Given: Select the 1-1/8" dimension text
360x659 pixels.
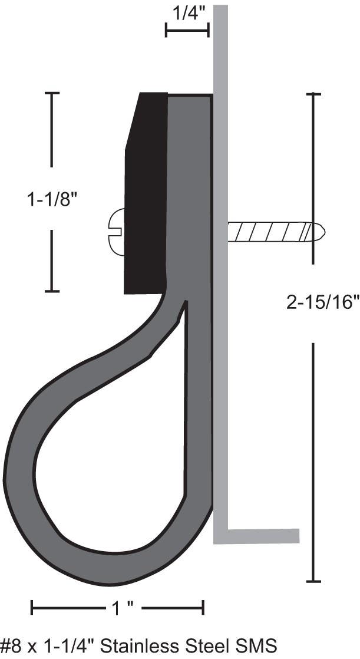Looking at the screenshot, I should coord(52,200).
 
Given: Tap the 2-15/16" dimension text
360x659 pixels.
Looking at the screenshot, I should coord(322,302).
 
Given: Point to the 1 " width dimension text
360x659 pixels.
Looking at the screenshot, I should coord(117,607).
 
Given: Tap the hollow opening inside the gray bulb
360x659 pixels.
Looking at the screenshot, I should coord(118,448).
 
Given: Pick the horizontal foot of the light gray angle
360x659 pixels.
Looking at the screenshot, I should coord(259,536).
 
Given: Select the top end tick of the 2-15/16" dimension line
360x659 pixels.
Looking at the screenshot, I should coord(313,94).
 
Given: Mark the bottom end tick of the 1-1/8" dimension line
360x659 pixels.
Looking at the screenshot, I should coord(52,291).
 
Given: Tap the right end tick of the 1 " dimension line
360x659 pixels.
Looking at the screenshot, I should coord(203,607).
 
